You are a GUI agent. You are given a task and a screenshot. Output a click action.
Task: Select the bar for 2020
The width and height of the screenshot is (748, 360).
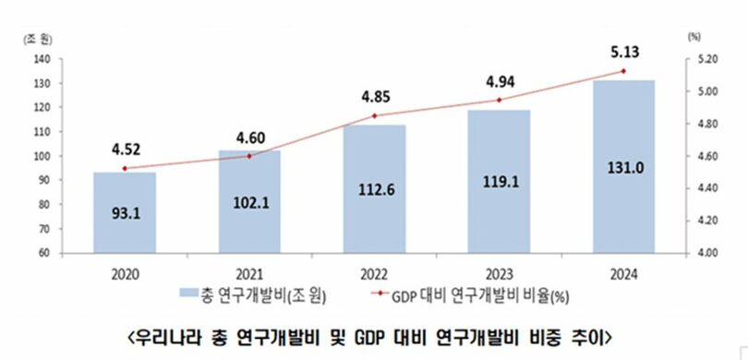[124, 212]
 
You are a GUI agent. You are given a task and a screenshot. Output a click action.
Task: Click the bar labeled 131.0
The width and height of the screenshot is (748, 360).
[624, 166]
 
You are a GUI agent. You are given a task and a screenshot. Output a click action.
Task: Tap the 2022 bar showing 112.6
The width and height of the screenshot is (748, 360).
[374, 188]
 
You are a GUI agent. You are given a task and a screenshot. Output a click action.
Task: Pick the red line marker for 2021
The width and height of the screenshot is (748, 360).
[248, 156]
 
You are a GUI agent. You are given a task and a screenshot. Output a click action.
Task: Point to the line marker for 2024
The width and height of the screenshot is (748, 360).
[624, 71]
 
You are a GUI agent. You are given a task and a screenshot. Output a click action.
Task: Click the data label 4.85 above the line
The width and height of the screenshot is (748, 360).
[374, 95]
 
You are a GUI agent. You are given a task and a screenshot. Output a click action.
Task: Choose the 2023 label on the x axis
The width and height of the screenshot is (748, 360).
[499, 273]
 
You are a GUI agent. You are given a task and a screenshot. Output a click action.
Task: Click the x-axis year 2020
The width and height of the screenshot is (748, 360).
[124, 273]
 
